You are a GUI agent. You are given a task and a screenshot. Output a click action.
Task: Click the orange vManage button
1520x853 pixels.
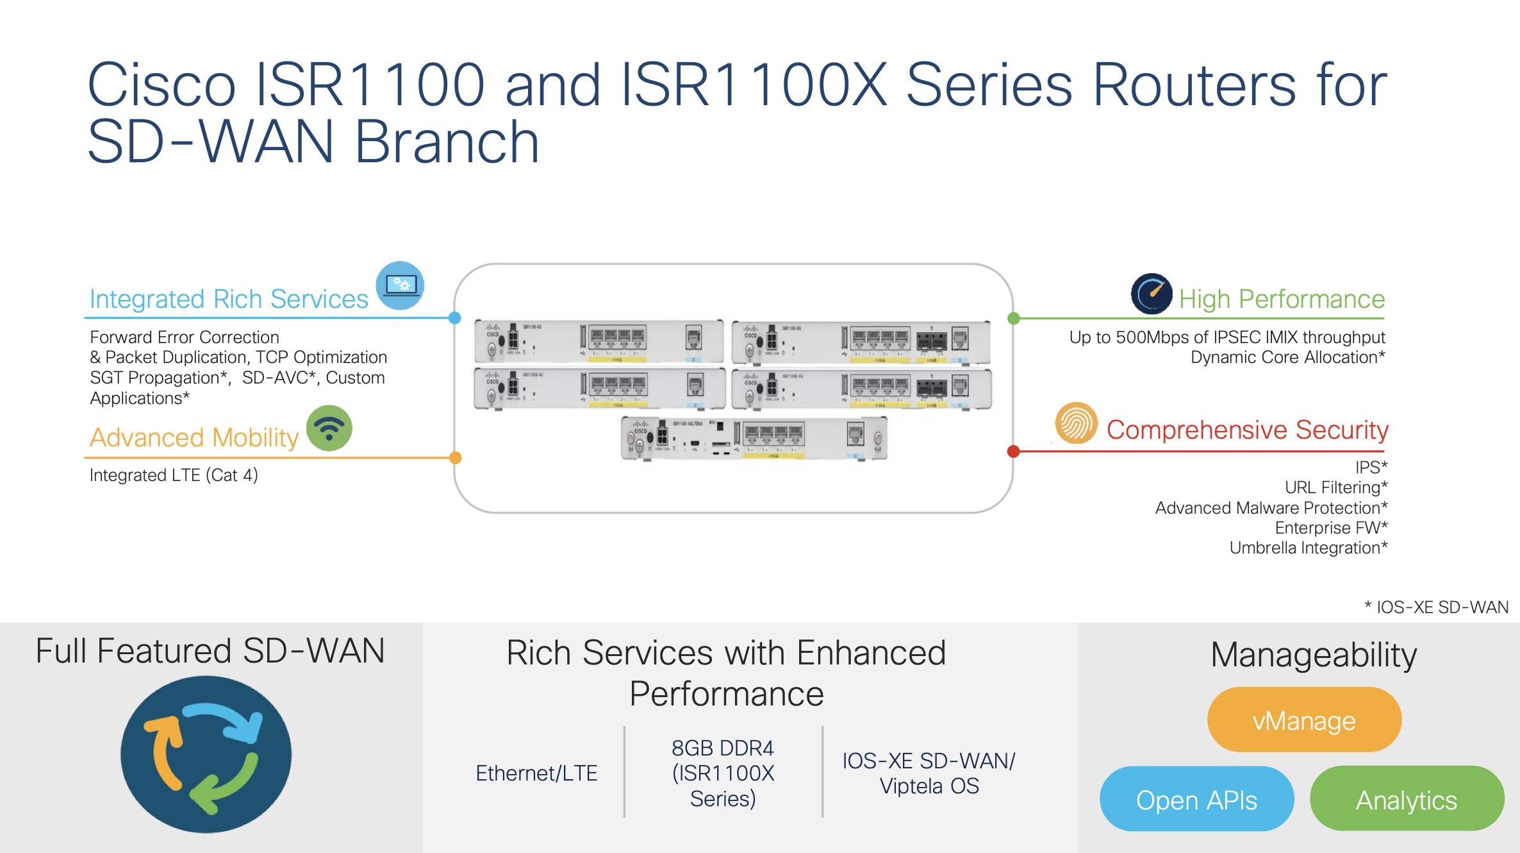point(1304,720)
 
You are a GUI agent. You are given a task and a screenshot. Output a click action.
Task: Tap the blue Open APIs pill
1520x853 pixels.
point(1196,800)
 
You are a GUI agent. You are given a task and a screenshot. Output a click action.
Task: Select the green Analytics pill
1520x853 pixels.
point(1407,800)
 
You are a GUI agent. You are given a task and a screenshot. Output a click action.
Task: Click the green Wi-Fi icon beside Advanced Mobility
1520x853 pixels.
point(329,428)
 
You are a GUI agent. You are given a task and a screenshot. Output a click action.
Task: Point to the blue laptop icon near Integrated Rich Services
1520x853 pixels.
point(400,285)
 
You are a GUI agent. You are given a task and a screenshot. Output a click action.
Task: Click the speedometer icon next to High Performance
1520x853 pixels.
point(1152,294)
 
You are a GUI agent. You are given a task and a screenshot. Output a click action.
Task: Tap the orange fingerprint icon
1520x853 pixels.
point(1077,423)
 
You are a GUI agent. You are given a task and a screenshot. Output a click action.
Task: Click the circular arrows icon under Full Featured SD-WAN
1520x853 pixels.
point(206,754)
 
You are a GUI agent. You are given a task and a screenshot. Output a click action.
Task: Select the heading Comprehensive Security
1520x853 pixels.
point(1247,430)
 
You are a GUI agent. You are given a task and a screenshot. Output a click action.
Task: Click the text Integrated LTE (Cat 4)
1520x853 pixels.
point(174,475)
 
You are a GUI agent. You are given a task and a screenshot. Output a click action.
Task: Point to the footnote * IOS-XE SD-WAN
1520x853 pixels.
point(1436,607)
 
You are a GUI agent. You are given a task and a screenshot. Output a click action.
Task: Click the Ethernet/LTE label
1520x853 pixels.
point(536,773)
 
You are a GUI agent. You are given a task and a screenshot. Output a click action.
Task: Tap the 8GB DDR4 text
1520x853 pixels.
point(722,748)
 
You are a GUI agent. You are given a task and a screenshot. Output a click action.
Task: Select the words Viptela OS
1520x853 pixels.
point(929,786)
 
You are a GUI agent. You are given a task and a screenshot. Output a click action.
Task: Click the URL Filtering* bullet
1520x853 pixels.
point(1335,487)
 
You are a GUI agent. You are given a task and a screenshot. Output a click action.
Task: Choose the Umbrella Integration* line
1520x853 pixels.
point(1308,548)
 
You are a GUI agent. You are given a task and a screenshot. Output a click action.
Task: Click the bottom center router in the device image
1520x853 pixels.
point(754,438)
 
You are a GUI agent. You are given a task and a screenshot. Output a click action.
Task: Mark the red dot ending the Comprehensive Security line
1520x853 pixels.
point(1014,452)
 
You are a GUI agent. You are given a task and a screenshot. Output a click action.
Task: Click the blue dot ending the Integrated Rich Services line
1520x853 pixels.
point(455,318)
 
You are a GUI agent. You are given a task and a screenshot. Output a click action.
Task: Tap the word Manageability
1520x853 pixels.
point(1314,655)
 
